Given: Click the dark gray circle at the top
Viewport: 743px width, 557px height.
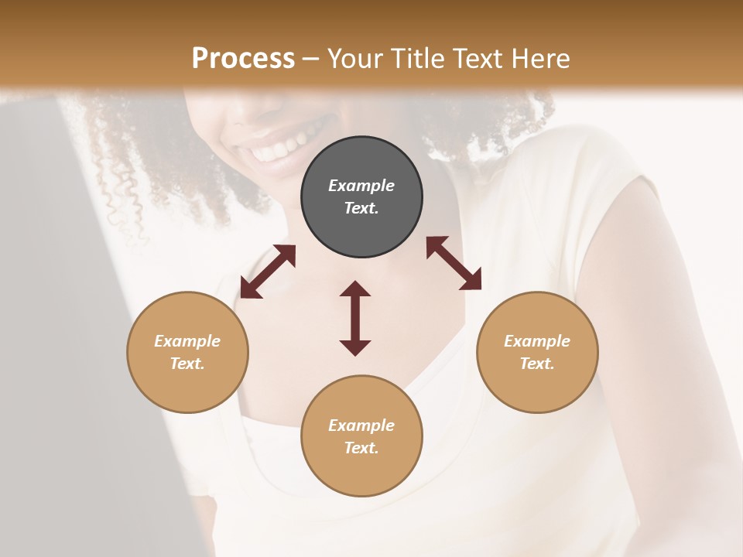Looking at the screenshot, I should pyautogui.click(x=361, y=197).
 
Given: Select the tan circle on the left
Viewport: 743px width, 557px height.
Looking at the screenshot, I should pyautogui.click(x=187, y=352).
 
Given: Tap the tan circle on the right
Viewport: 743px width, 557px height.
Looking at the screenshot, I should pyautogui.click(x=537, y=352).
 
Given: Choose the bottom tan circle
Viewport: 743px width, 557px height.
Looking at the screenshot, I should pyautogui.click(x=361, y=436).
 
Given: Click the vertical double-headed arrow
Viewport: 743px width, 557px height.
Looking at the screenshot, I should pyautogui.click(x=355, y=318).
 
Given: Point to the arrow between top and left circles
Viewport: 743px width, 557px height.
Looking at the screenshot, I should pyautogui.click(x=268, y=272).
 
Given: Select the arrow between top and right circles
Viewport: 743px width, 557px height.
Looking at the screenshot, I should pyautogui.click(x=454, y=263).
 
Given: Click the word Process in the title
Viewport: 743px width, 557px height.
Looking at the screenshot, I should pyautogui.click(x=243, y=58).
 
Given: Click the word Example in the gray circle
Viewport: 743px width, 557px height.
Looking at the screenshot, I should pyautogui.click(x=361, y=186).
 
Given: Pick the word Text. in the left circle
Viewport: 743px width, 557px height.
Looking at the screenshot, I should pyautogui.click(x=187, y=364).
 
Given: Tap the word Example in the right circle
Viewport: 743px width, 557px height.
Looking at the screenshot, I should pyautogui.click(x=537, y=341).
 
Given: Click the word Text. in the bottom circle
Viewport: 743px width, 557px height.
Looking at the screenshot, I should pyautogui.click(x=361, y=448).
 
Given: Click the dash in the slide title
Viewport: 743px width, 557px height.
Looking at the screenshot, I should pyautogui.click(x=310, y=59).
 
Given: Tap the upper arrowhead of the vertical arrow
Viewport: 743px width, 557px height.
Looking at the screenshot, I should pyautogui.click(x=355, y=289).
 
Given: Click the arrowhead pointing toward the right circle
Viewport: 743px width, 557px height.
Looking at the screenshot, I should pyautogui.click(x=471, y=279).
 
